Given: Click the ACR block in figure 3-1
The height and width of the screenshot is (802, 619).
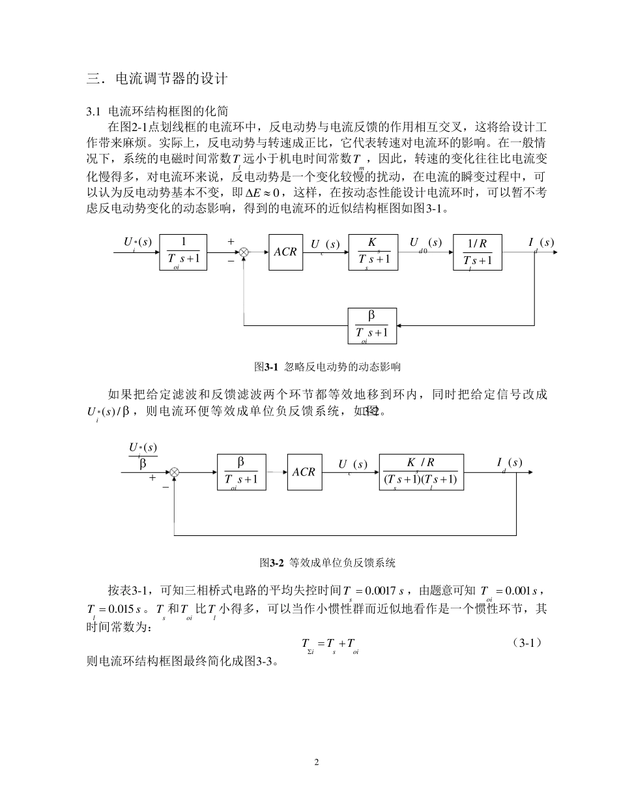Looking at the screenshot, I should pos(285,252).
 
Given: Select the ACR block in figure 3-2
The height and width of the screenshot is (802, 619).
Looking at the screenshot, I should pos(304,471).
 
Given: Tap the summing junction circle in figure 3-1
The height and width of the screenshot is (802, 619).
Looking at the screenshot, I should pos(244,252).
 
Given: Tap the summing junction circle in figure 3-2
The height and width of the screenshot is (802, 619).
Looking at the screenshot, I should pos(174,471).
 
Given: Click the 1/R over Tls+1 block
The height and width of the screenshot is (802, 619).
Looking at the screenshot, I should pos(478,252).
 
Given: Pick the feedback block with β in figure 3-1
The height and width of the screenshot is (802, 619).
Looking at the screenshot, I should pos(372,325).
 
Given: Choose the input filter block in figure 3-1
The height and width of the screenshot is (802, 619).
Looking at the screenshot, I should pos(183,252).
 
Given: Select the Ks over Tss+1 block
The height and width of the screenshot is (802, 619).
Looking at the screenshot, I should pos(373,252).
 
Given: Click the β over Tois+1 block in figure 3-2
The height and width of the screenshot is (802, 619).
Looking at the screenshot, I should pos(241,471).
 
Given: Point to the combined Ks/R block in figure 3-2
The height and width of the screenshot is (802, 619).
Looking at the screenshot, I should pos(422,471).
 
